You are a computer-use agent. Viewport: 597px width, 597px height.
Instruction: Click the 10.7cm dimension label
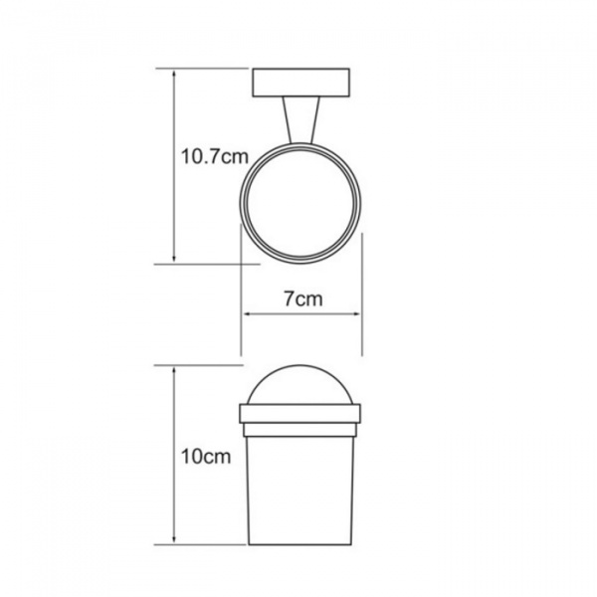(214, 156)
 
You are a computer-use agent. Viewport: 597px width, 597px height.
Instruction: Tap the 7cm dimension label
(303, 298)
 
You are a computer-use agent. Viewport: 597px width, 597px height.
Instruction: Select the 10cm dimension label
(206, 457)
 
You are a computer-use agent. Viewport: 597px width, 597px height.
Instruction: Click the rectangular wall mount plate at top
(301, 83)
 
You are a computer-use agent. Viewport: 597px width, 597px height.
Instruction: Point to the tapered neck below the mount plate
(300, 120)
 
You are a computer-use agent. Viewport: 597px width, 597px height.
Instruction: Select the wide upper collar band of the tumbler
(300, 414)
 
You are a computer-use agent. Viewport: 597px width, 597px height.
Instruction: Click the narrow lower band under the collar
(300, 430)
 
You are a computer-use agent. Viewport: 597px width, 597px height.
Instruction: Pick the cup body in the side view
(300, 491)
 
